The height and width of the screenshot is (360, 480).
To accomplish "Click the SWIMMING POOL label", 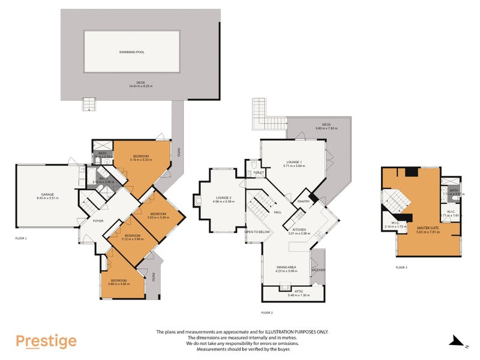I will (x=131, y=52).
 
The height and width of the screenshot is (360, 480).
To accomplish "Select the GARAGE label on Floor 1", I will (x=47, y=194).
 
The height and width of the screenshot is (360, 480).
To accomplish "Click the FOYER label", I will (x=97, y=220).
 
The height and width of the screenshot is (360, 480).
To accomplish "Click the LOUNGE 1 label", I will (x=294, y=162).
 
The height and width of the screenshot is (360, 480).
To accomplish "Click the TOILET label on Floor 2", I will (x=259, y=173).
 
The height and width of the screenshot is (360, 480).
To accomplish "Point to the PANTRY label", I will (x=304, y=202).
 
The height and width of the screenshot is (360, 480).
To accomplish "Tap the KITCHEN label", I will (x=300, y=230).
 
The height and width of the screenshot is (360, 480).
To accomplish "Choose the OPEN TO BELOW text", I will (x=258, y=232).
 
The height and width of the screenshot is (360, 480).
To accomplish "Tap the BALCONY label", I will (x=318, y=270).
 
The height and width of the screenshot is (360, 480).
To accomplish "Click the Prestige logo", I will (x=46, y=341).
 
